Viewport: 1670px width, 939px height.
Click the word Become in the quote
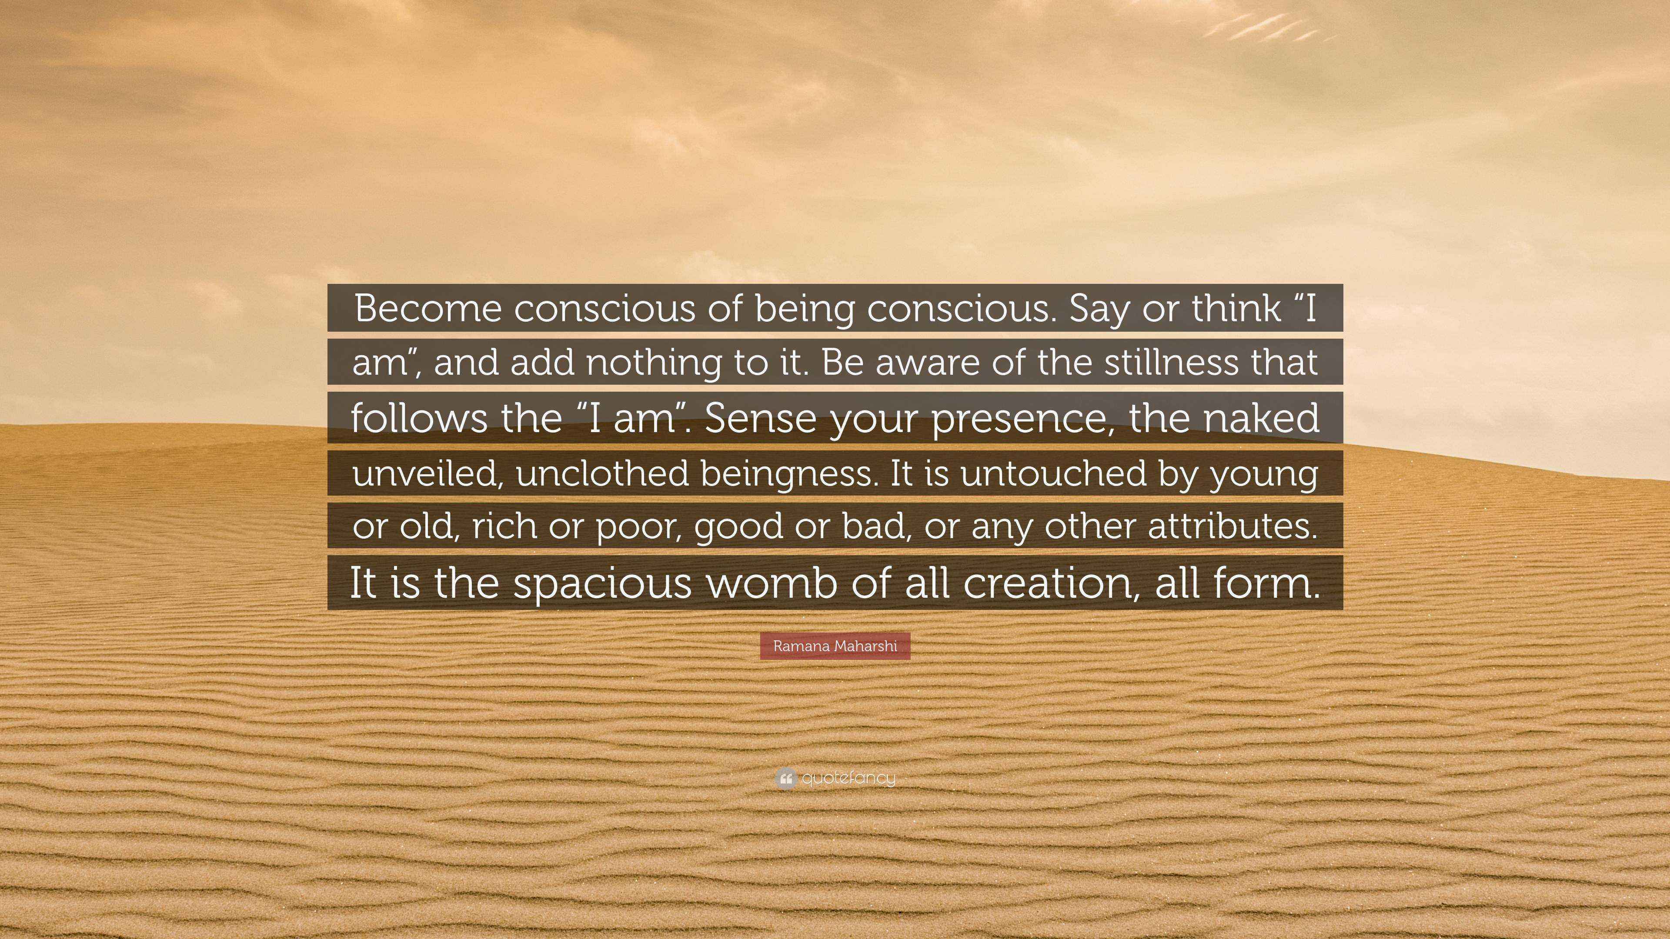pyautogui.click(x=428, y=309)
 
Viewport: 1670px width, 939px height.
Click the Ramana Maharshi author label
pyautogui.click(x=835, y=646)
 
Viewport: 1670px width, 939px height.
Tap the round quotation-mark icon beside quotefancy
pyautogui.click(x=785, y=778)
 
